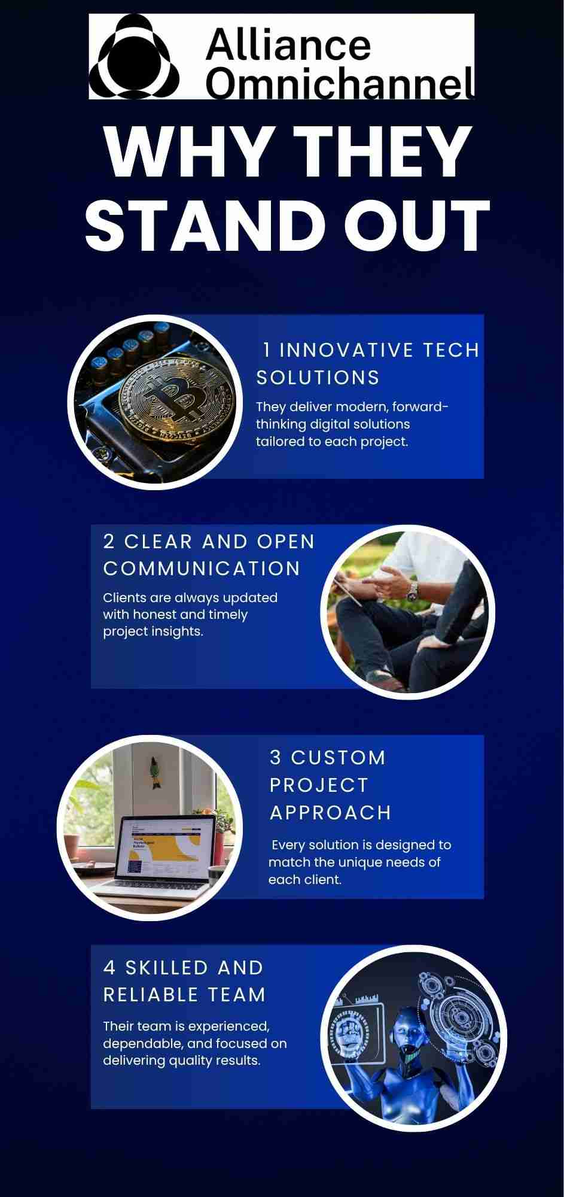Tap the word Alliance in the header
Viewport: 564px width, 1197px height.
point(288,44)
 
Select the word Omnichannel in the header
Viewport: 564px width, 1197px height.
point(340,82)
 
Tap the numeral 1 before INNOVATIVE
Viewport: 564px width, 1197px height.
point(267,350)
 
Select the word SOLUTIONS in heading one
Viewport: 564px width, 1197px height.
point(318,378)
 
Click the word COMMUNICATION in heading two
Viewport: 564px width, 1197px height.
point(202,569)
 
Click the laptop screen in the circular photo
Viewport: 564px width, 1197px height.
point(163,849)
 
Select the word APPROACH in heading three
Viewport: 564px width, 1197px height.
point(330,813)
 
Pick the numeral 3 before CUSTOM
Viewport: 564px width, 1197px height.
point(276,758)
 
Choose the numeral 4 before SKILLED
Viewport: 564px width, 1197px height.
point(109,968)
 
